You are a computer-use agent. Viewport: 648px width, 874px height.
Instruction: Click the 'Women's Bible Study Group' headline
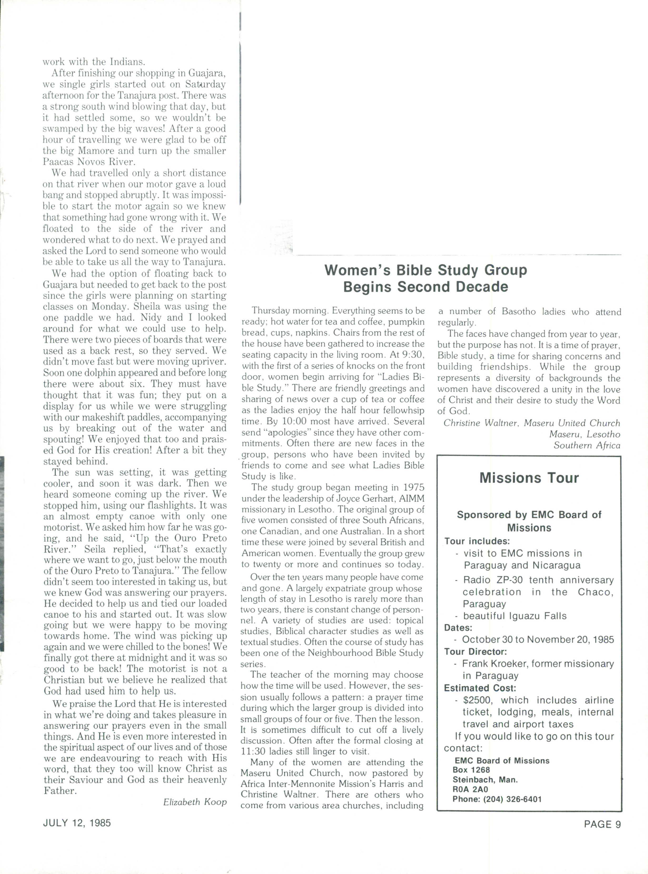426,271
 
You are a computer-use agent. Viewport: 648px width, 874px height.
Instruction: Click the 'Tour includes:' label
477,541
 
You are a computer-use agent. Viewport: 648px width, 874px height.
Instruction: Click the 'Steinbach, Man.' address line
485,779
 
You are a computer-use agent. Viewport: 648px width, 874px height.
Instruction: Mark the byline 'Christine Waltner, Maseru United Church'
532,423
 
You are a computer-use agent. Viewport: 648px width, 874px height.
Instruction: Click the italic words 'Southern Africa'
587,445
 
